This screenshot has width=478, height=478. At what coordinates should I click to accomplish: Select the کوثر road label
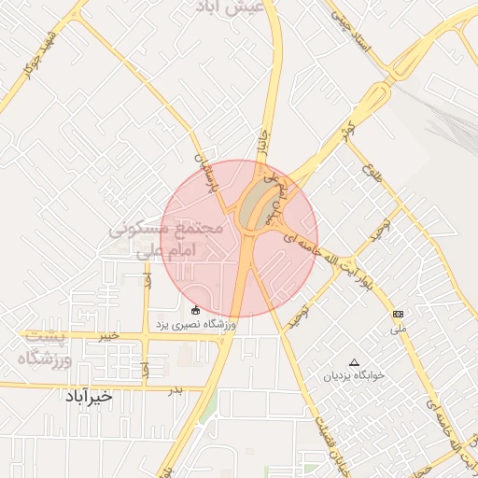[x=348, y=130]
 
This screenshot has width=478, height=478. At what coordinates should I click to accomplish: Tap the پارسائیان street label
[x=208, y=174]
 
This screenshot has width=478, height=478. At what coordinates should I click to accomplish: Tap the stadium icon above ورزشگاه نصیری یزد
[x=194, y=310]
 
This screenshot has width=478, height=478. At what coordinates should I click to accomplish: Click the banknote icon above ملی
[x=399, y=314]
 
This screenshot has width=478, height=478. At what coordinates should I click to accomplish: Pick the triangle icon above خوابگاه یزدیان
[x=353, y=361]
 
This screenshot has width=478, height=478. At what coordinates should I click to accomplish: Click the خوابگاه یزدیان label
[x=353, y=377]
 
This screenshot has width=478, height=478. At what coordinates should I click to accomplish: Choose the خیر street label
[x=111, y=334]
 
